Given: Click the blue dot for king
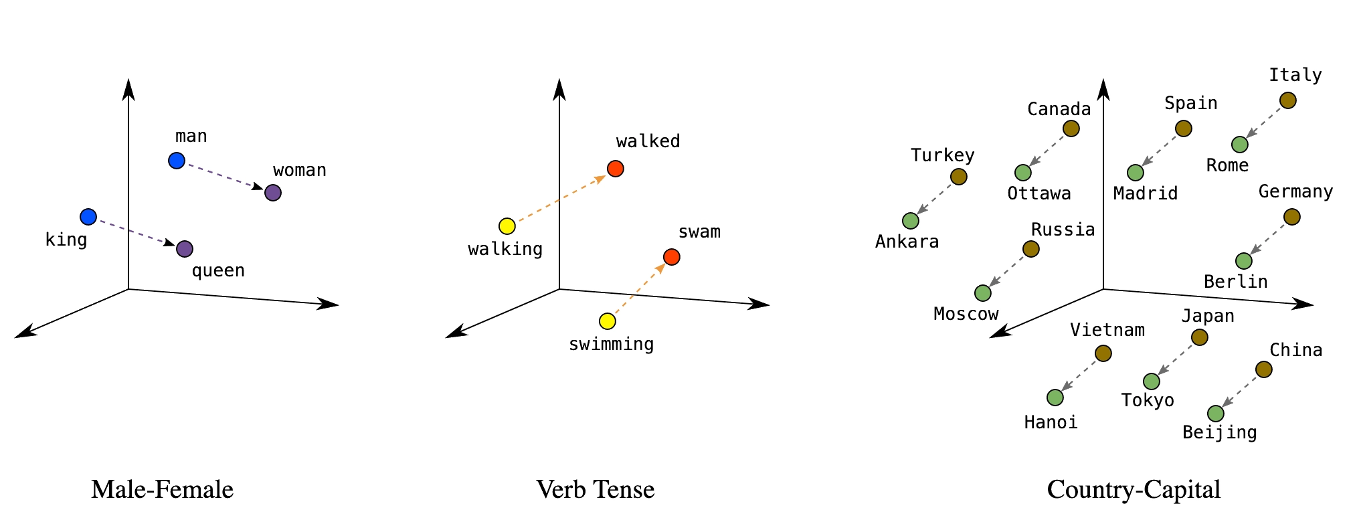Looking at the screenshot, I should [x=88, y=217].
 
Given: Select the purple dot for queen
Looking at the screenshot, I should [x=185, y=249].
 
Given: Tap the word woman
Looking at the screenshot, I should [x=300, y=171].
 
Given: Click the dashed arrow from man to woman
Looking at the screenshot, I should [x=224, y=177].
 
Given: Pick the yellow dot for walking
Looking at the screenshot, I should [x=507, y=226].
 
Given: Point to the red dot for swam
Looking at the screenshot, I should [x=672, y=257].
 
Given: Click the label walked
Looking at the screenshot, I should [x=648, y=142].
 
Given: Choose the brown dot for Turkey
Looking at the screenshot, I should [x=959, y=177].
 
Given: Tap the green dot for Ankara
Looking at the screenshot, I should [x=911, y=221].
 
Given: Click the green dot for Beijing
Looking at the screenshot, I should [x=1216, y=414].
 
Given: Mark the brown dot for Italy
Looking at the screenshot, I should [x=1288, y=100].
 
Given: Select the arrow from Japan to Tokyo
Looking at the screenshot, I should [x=1176, y=359].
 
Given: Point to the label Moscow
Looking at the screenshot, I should [x=966, y=314].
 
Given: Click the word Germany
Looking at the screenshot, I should [x=1295, y=192].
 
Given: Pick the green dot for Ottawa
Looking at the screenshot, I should [x=1023, y=173].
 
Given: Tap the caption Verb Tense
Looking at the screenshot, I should [x=596, y=490].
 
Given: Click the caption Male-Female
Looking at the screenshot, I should [x=163, y=490].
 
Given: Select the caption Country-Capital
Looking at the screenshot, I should [x=1134, y=490].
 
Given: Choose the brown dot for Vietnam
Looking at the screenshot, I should [x=1103, y=353].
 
